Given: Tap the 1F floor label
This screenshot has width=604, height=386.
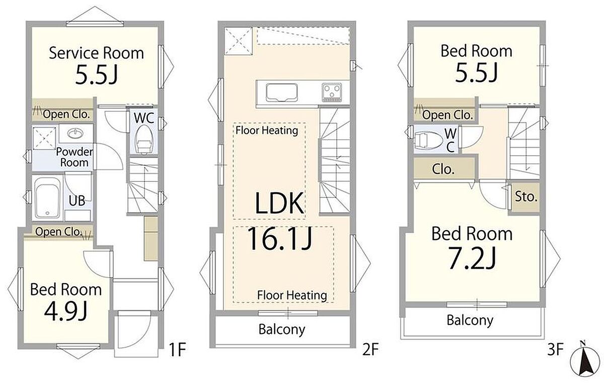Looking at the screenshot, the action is [177, 350].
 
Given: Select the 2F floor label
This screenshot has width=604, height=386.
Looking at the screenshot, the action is [370, 349].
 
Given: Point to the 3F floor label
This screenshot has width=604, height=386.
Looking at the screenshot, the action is [555, 349].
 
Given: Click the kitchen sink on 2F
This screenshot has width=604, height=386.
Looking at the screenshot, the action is [282, 93].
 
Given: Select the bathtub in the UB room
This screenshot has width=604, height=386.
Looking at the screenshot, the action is [47, 198].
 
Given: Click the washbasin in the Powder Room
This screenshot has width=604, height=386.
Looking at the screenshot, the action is [75, 133].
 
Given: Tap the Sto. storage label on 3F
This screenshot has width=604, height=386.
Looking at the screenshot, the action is [526, 197].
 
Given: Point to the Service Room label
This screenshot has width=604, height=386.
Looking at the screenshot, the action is [96, 53].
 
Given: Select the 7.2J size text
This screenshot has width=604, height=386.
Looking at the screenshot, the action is [472, 259].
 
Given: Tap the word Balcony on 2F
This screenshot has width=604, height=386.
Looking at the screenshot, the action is [282, 330].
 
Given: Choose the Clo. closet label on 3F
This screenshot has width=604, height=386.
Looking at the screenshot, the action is [443, 169].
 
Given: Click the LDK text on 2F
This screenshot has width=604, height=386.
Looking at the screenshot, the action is [279, 203].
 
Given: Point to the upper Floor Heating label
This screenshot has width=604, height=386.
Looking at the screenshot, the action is [267, 131].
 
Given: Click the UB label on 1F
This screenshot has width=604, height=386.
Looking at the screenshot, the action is [77, 201].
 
